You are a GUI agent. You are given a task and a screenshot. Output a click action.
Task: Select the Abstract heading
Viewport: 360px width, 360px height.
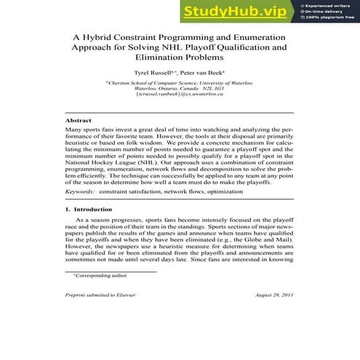click(78, 119)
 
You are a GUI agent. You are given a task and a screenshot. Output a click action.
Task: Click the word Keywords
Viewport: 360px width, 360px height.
click(80, 191)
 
